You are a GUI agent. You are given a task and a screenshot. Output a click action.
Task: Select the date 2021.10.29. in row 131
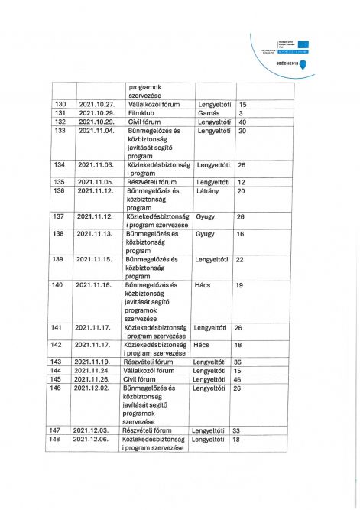tap(96, 113)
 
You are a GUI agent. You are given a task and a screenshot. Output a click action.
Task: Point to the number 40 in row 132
tap(242, 122)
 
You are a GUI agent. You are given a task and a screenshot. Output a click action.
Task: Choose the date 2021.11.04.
tap(96, 131)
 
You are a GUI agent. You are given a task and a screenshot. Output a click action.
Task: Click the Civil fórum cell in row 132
tap(144, 122)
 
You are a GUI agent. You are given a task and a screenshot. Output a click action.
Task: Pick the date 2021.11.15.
tap(94, 259)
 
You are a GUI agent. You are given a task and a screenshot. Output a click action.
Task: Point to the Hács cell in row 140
tap(203, 285)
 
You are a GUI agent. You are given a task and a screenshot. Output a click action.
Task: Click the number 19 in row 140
tap(238, 285)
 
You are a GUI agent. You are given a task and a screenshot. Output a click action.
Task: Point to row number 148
tap(55, 440)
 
